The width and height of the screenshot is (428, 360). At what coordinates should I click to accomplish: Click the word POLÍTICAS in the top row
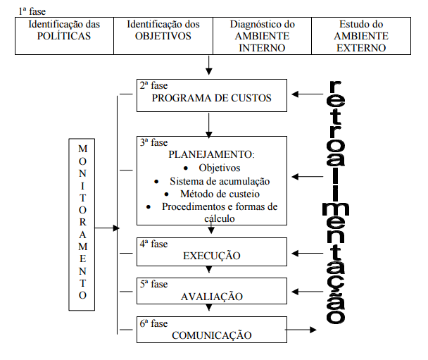(65, 37)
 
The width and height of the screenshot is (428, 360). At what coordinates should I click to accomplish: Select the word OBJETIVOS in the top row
(163, 37)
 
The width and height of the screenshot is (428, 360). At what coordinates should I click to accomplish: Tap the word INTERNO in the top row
(262, 49)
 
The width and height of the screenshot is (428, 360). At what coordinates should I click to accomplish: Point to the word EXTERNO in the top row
(361, 49)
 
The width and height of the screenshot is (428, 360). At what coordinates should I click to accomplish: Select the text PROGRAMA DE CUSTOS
(211, 99)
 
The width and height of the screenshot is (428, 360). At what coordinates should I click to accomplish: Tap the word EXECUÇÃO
(211, 256)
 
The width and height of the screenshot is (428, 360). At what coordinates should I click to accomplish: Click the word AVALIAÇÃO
(211, 296)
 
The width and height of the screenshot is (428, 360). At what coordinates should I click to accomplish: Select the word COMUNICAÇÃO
(211, 335)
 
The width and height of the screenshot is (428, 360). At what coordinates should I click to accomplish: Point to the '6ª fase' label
(153, 324)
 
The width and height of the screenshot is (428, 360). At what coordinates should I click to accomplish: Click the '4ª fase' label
(153, 244)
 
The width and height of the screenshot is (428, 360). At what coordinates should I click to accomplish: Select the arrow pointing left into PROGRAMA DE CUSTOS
(308, 94)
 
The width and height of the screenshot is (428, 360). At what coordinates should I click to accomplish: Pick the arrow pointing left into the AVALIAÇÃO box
(308, 290)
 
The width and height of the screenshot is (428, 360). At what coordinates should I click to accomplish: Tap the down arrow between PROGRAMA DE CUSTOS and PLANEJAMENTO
(208, 124)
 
